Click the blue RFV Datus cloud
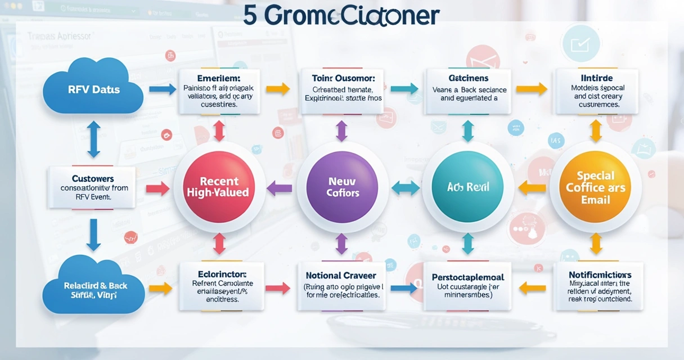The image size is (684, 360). pos(93,89)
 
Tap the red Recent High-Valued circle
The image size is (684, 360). pos(219,187)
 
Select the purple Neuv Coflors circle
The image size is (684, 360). pos(341,187)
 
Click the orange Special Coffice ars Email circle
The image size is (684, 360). pos(595,187)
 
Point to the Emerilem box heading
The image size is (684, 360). pos(219,78)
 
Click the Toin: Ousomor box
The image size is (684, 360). pos(340,91)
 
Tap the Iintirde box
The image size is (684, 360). pos(597,91)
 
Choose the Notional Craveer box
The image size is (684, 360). pos(341,286)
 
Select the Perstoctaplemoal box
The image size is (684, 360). pos(468,286)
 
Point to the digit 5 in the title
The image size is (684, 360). pos(250,16)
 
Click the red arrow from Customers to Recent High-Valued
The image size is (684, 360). pos(157,188)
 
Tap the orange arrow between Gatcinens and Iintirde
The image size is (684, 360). pos(531,89)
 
